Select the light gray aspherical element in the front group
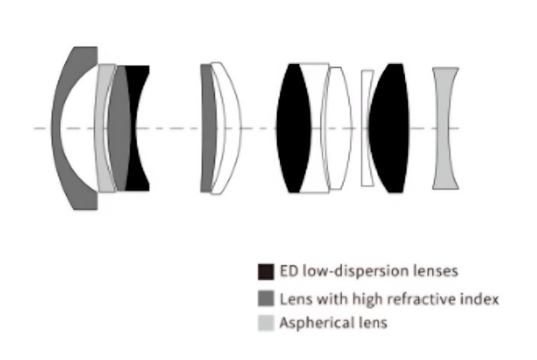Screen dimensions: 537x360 [101, 128]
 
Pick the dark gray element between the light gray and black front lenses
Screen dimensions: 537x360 [120, 128]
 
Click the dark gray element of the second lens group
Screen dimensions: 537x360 [207, 128]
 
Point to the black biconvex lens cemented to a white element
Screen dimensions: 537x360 [294, 128]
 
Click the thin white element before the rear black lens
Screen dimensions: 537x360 [366, 128]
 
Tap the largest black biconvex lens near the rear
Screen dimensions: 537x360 [389, 128]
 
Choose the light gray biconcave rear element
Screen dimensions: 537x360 [445, 128]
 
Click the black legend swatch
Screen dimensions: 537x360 [265, 272]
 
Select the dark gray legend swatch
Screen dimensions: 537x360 [265, 298]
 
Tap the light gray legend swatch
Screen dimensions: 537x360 [265, 323]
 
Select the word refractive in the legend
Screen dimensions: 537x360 [422, 299]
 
